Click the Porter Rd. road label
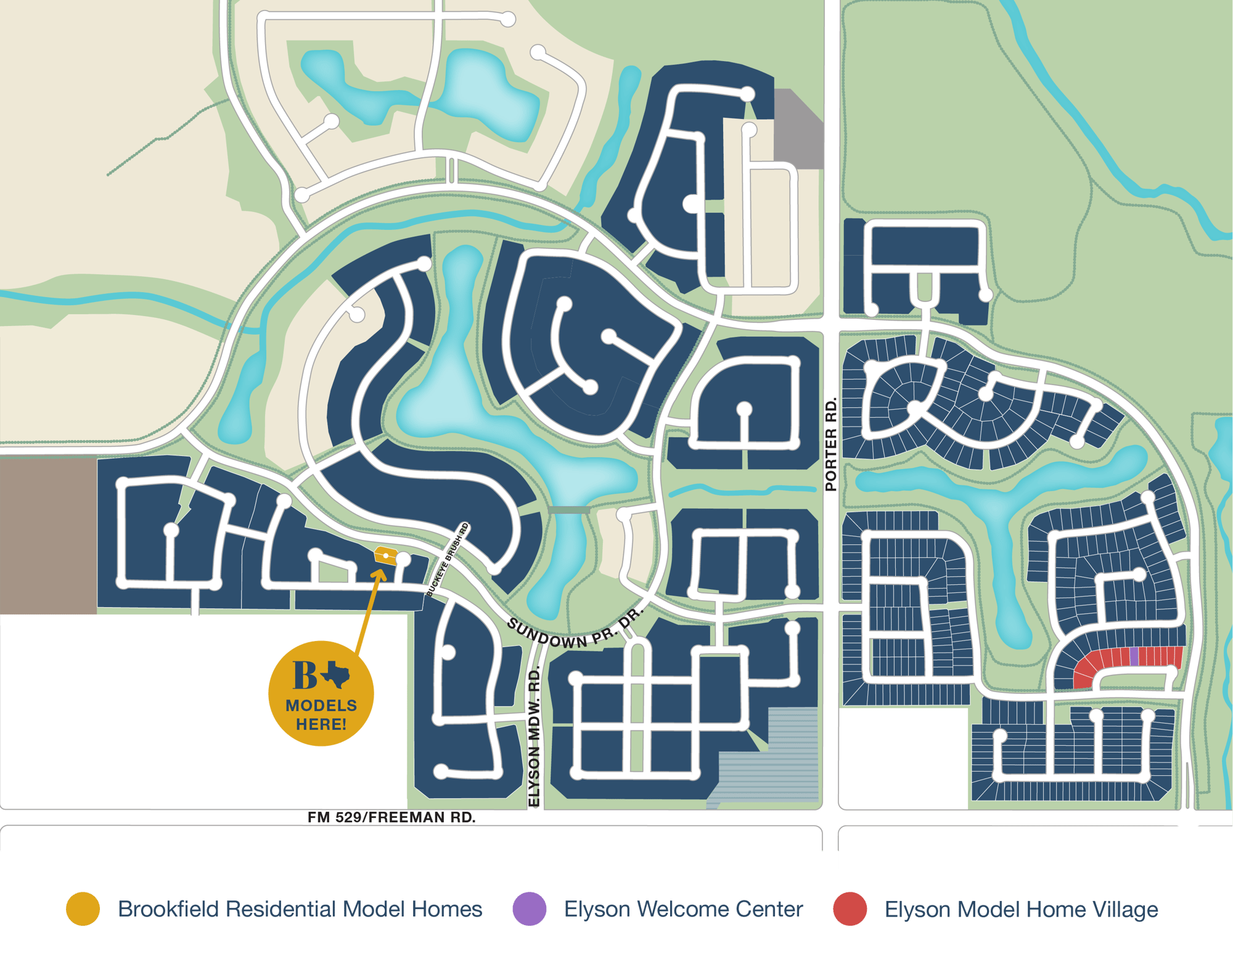tap(831, 444)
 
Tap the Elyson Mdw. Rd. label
tap(534, 736)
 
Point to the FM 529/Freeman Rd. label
tap(391, 817)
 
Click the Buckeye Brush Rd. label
tap(448, 560)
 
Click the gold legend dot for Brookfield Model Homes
tap(83, 908)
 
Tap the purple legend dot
tap(529, 908)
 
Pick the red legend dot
tap(850, 908)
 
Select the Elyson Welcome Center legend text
tap(683, 909)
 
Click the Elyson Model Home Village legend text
tap(1021, 909)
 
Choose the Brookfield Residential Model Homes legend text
tap(300, 909)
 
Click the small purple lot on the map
tap(1134, 656)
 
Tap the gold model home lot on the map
tap(385, 555)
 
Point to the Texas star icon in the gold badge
tap(335, 675)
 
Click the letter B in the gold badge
tap(305, 675)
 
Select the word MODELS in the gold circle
tap(321, 705)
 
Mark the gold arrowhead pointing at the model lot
tap(380, 575)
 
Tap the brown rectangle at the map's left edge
tap(48, 536)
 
